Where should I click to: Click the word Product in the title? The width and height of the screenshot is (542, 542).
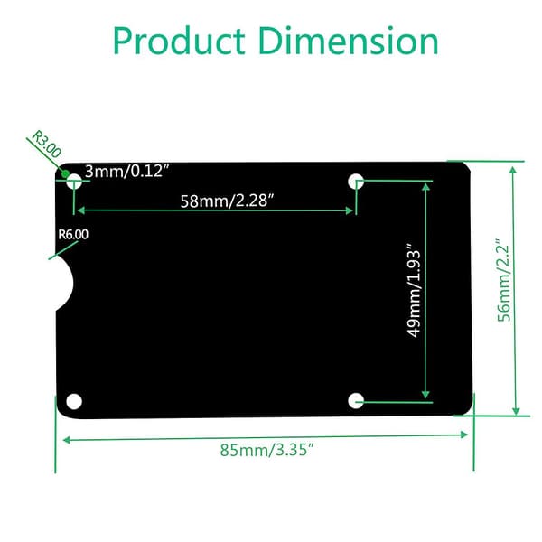pyautogui.click(x=179, y=42)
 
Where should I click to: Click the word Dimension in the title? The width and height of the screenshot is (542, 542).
pyautogui.click(x=349, y=41)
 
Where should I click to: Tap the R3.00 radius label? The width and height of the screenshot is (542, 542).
pyautogui.click(x=46, y=144)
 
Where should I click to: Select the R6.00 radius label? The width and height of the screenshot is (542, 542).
pyautogui.click(x=73, y=234)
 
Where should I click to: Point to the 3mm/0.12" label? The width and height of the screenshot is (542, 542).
pyautogui.click(x=127, y=171)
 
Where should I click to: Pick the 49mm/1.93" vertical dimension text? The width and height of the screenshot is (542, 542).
pyautogui.click(x=414, y=290)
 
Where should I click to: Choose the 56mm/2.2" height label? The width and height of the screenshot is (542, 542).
pyautogui.click(x=503, y=280)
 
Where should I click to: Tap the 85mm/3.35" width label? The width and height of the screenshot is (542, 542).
pyautogui.click(x=266, y=450)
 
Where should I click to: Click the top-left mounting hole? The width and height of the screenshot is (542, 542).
pyautogui.click(x=74, y=182)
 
